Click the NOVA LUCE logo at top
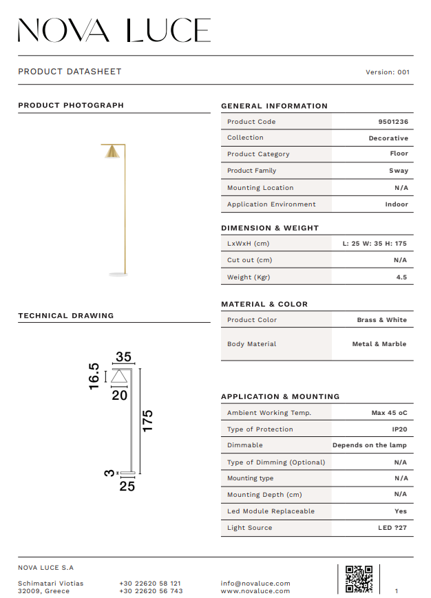[x=114, y=30]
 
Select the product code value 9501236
[x=393, y=122]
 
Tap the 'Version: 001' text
[x=388, y=72]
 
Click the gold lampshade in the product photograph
[x=112, y=152]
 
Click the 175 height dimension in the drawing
[x=147, y=420]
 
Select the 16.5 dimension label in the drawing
[x=94, y=376]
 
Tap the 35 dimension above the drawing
[x=123, y=357]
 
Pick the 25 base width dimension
[x=127, y=486]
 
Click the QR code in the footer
[x=359, y=579]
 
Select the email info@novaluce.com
[x=255, y=584]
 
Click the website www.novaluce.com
[x=255, y=591]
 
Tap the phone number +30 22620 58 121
[x=150, y=584]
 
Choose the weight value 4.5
[x=401, y=277]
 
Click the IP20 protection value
[x=400, y=429]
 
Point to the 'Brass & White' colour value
[x=381, y=320]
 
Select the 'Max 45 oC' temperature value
[x=389, y=413]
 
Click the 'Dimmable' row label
[x=245, y=445]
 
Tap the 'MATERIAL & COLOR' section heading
[x=264, y=304]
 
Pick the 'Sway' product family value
[x=398, y=171]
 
